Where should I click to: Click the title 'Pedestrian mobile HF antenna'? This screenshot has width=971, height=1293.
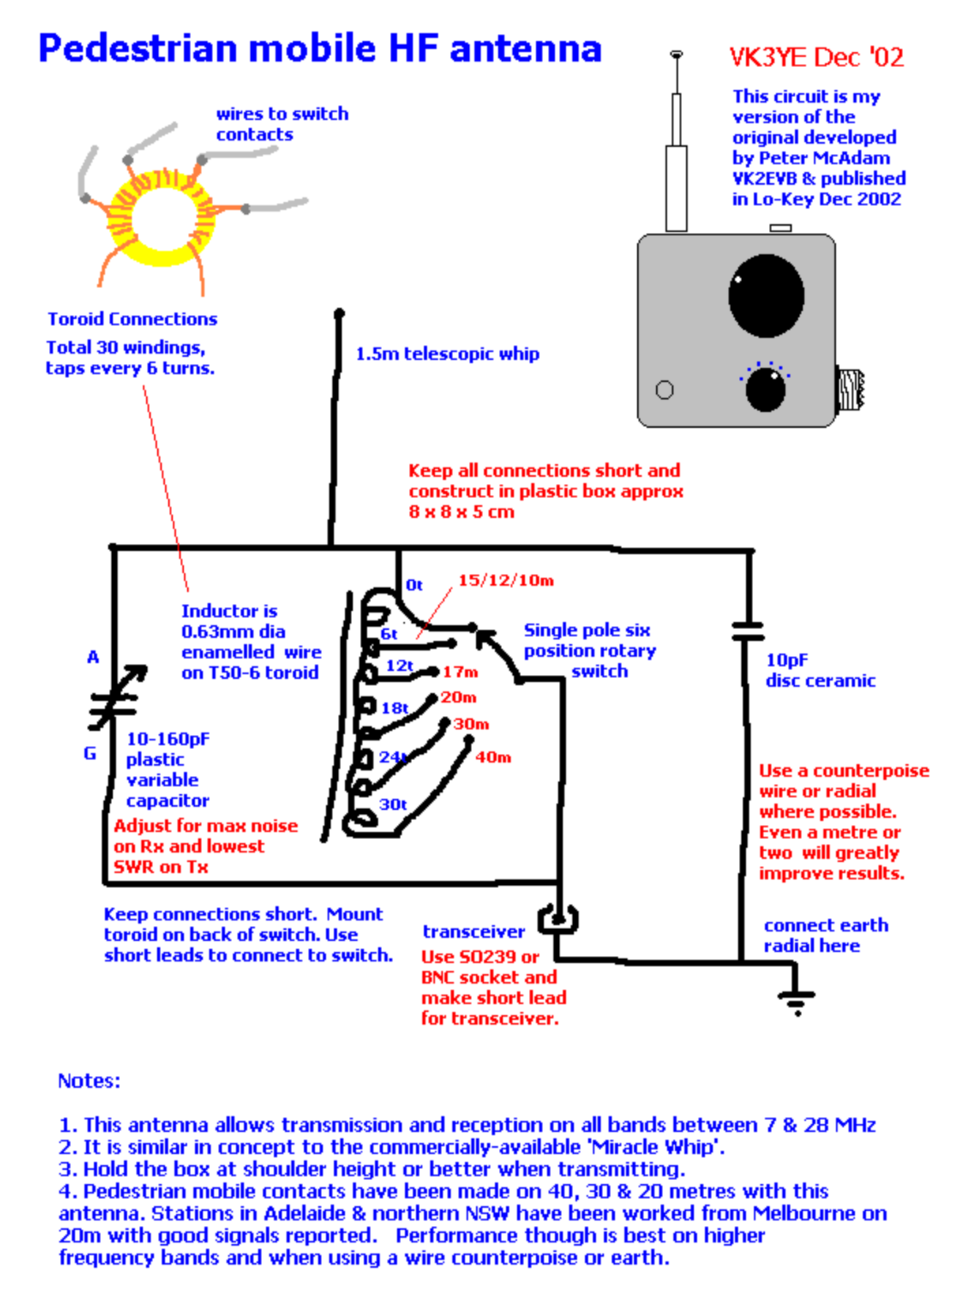point(320,49)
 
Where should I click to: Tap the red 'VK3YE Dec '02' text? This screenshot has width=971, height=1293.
point(816,58)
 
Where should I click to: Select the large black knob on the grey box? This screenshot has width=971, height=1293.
point(766,295)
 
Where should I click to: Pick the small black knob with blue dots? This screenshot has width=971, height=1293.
point(766,389)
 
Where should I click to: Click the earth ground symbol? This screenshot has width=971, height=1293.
point(797,1001)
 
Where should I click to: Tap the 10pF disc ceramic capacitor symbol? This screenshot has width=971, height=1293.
point(747,631)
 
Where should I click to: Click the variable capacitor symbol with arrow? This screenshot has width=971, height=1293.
point(115,699)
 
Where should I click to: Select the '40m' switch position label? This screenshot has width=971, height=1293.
point(493,758)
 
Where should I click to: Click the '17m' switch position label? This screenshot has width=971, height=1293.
point(460,673)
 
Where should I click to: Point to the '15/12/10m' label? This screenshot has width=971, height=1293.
point(506,581)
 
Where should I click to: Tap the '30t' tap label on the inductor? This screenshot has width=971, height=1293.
point(392,804)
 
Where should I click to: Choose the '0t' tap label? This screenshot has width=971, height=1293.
point(414,585)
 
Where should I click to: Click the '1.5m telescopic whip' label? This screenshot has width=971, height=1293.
point(447,354)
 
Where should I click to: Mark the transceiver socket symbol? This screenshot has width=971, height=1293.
point(558,920)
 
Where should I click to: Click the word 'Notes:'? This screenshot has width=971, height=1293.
point(89,1081)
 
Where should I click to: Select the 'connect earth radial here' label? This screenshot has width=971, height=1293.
point(825,935)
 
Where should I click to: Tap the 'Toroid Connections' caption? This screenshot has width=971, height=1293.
point(132,319)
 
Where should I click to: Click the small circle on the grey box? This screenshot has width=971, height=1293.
point(665,389)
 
